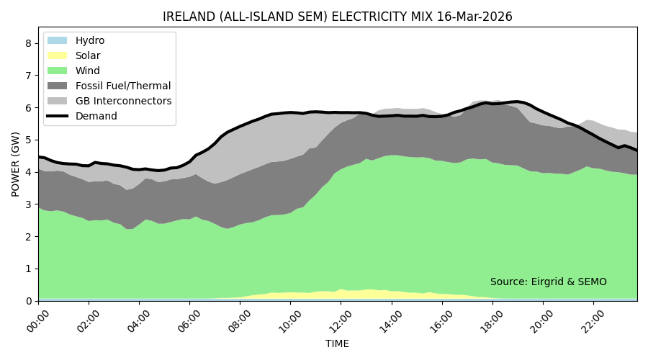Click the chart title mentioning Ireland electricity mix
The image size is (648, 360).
click(337, 17)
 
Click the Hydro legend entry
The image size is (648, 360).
click(90, 40)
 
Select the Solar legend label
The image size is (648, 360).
click(88, 55)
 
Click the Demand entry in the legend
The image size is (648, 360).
click(96, 116)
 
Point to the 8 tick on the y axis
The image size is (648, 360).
click(28, 43)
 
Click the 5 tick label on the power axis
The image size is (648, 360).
click(28, 140)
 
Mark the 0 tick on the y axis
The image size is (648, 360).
click(28, 301)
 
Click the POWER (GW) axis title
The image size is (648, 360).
click(15, 164)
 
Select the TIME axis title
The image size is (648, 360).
click(337, 344)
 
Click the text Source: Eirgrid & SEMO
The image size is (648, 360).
click(548, 282)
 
